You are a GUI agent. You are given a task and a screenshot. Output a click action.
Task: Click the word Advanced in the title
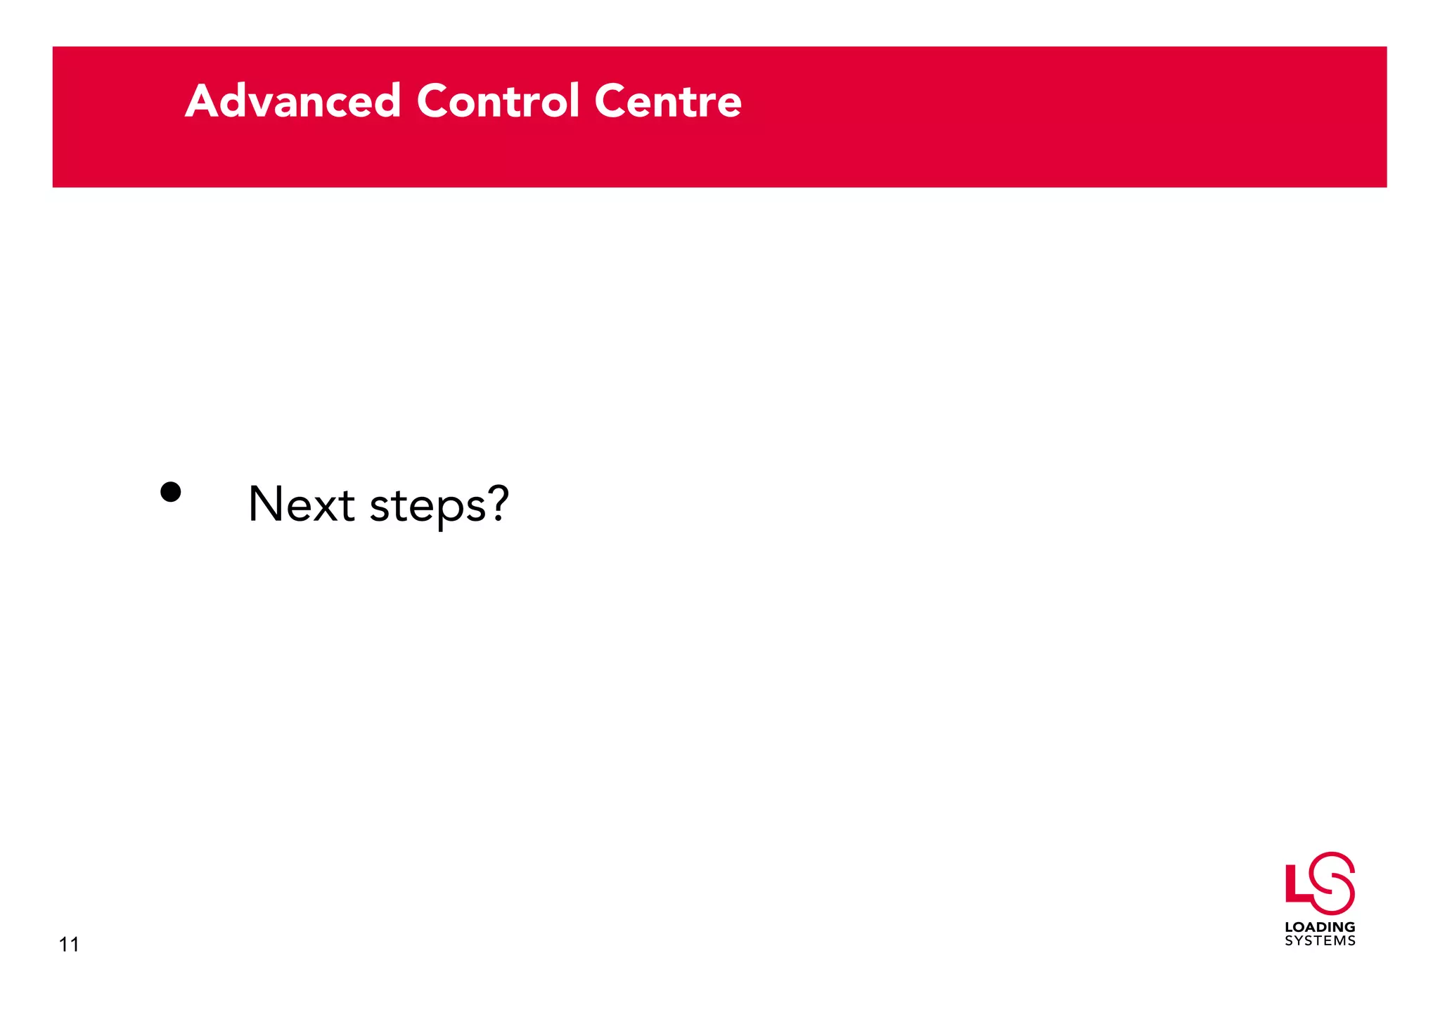tap(292, 101)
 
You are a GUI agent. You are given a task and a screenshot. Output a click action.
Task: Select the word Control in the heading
tap(498, 101)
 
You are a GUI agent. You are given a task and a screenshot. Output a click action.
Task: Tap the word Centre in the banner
tap(668, 101)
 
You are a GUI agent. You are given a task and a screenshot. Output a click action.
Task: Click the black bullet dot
tap(171, 491)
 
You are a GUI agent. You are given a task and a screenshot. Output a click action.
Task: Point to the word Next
tap(302, 504)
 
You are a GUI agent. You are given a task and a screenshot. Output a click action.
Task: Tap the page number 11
tap(69, 945)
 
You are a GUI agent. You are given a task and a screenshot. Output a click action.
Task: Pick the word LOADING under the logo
tap(1320, 927)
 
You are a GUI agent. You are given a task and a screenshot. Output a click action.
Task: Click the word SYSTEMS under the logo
tap(1320, 941)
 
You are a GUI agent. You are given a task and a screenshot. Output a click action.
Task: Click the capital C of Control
tap(435, 101)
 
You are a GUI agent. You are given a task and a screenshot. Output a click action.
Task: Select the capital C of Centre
tap(612, 101)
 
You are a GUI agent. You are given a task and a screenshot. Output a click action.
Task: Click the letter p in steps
tap(452, 510)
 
